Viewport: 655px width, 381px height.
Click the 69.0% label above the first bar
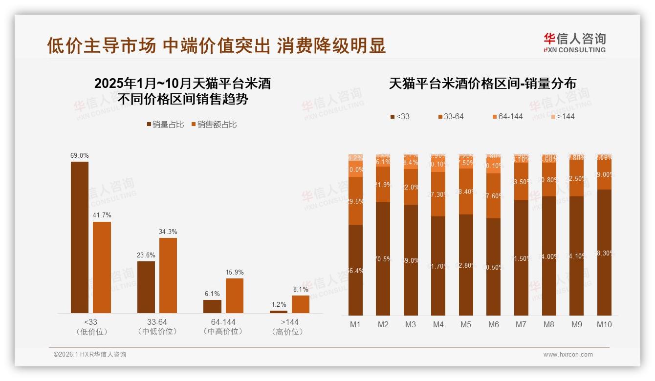click(x=80, y=155)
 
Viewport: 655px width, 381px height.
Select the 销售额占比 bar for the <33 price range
click(x=102, y=267)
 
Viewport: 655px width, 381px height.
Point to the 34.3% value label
click(x=168, y=232)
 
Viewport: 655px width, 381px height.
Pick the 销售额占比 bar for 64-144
click(x=235, y=296)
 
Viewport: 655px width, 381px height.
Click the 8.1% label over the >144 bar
click(x=301, y=289)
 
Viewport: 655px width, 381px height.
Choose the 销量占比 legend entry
click(x=165, y=125)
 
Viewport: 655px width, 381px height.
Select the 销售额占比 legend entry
click(x=214, y=125)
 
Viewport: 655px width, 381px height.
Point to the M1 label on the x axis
click(x=355, y=324)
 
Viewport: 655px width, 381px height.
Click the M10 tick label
click(x=604, y=324)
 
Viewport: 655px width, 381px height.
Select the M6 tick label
click(x=494, y=324)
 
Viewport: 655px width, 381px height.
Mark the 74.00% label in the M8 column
click(x=549, y=256)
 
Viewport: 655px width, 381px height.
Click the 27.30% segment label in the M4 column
click(x=438, y=194)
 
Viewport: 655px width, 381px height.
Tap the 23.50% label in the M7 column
click(x=522, y=182)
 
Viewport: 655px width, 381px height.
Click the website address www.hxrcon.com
click(x=568, y=355)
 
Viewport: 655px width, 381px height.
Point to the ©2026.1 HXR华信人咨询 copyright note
click(x=90, y=355)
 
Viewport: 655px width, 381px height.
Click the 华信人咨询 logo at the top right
click(x=575, y=42)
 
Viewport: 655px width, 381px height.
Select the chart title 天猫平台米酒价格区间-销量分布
click(x=482, y=84)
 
